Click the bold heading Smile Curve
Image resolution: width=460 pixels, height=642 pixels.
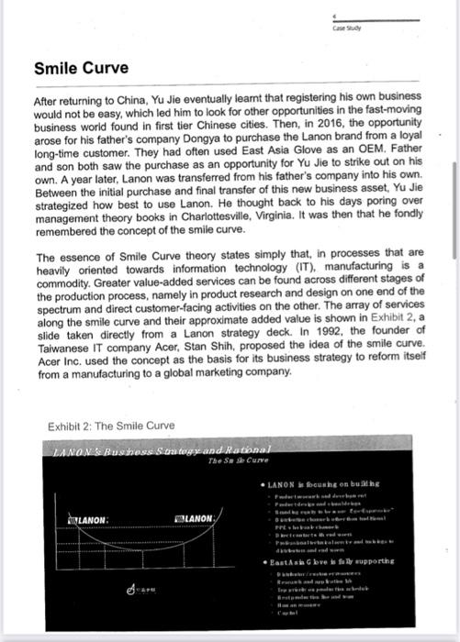tap(82, 68)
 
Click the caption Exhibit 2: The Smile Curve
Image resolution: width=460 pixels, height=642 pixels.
tap(111, 425)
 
